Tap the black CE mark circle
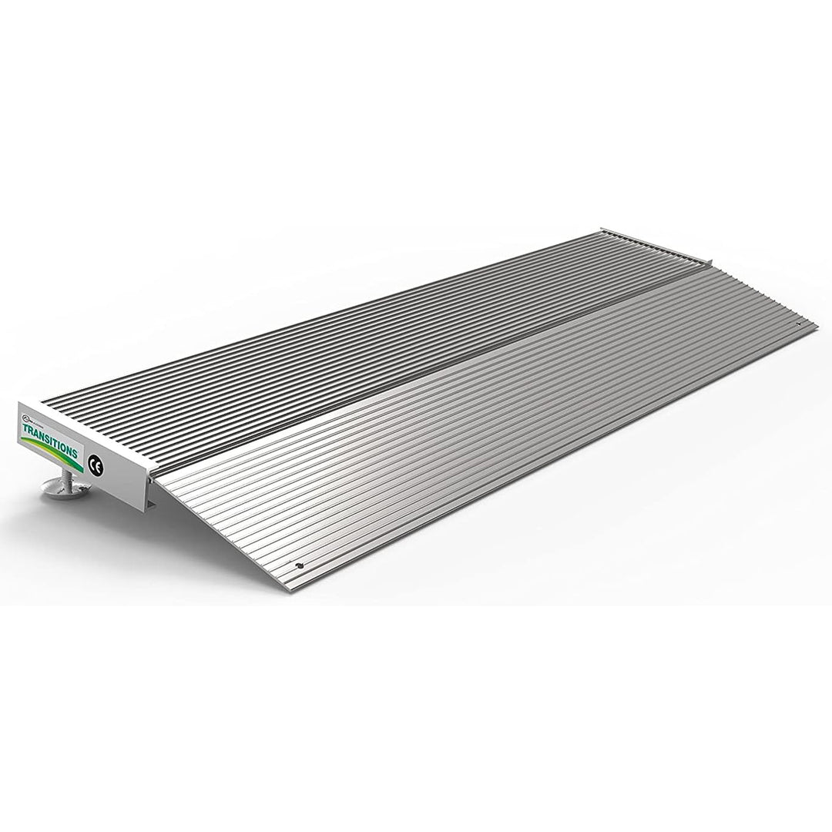96,464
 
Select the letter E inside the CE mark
99,465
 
